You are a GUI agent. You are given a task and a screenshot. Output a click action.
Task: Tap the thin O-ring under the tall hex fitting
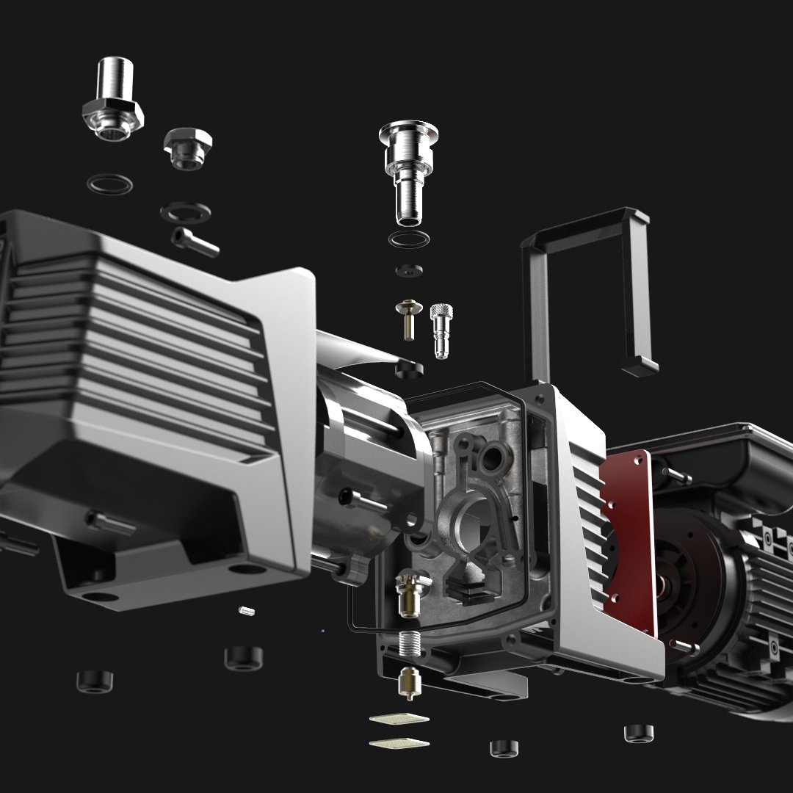click(109, 184)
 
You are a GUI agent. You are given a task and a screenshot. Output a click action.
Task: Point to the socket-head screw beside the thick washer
click(195, 242)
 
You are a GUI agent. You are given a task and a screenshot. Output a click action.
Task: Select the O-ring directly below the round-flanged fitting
click(409, 240)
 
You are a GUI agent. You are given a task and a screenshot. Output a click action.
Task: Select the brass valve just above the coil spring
click(408, 595)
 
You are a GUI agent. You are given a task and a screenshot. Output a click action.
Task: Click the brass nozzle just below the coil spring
click(407, 683)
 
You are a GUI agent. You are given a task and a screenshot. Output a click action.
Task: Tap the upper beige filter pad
click(397, 719)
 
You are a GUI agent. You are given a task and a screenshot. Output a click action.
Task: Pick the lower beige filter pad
click(399, 743)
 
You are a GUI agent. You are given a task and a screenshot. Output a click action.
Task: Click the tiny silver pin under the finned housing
click(247, 610)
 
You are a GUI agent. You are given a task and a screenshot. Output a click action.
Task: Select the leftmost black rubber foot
click(95, 680)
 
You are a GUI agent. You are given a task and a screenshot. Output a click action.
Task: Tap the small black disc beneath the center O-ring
click(408, 270)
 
